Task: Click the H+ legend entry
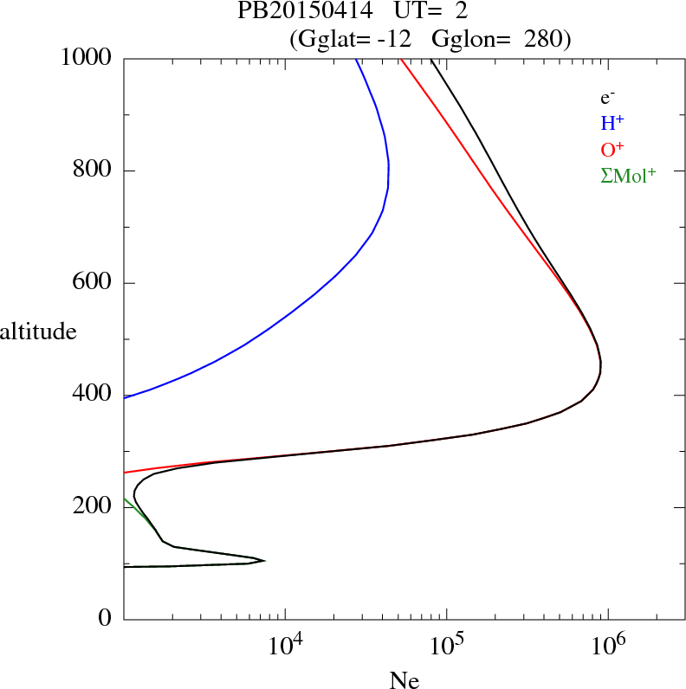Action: coord(612,123)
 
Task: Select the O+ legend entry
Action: coord(612,150)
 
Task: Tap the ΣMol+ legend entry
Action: coord(627,176)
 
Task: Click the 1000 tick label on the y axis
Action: coord(87,58)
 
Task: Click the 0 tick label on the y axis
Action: coord(107,619)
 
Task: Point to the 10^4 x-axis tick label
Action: coord(285,645)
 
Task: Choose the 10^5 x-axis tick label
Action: coord(447,645)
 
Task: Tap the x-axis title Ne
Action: coord(404,680)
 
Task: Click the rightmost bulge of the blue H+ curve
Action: coord(388,169)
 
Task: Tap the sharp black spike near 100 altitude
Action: coord(263,561)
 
